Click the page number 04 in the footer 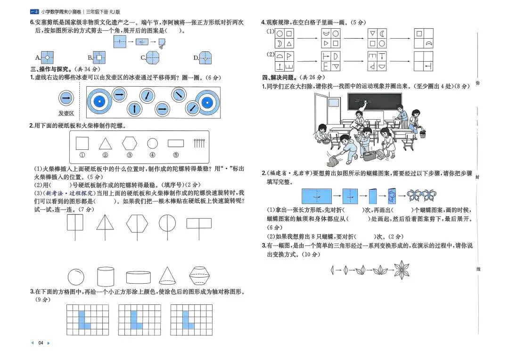(x=41, y=343)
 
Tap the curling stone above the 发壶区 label (x=66, y=98)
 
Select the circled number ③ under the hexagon (x=129, y=155)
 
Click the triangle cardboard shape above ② (x=106, y=143)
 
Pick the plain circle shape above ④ (x=152, y=143)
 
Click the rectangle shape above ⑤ (x=176, y=143)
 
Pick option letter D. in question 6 (x=196, y=58)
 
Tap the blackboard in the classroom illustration (x=374, y=102)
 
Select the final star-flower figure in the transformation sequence (x=402, y=270)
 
